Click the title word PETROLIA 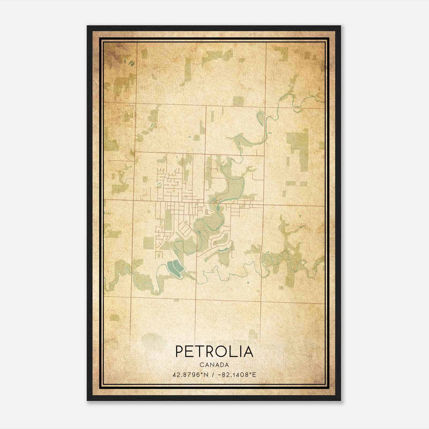pyautogui.click(x=214, y=352)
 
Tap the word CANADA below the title pyautogui.click(x=214, y=365)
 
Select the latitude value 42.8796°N pyautogui.click(x=190, y=375)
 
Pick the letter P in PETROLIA pyautogui.click(x=179, y=352)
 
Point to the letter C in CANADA pyautogui.click(x=201, y=365)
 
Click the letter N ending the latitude pyautogui.click(x=206, y=375)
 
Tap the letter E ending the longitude pyautogui.click(x=254, y=375)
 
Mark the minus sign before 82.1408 pyautogui.click(x=220, y=375)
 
